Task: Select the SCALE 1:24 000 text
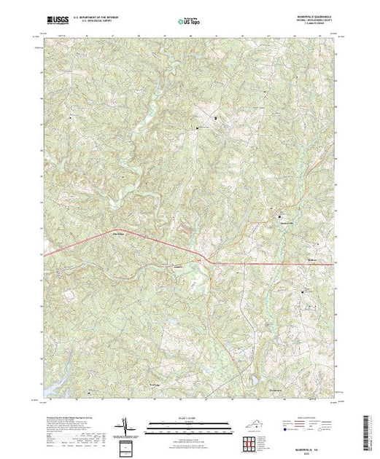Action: (x=190, y=418)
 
